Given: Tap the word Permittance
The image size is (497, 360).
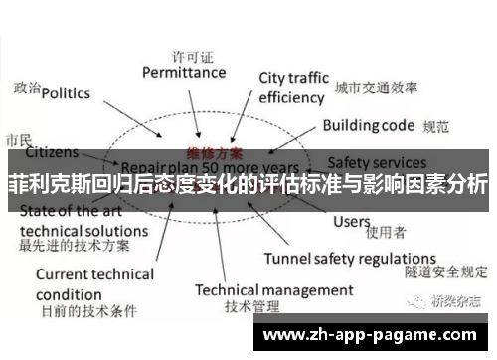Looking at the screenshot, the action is click(x=184, y=72).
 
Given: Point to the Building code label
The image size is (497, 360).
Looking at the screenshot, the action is click(x=367, y=126).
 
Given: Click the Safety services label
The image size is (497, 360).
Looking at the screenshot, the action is click(x=378, y=161).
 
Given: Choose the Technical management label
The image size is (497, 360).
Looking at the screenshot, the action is click(x=273, y=290).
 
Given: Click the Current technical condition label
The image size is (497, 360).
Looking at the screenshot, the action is click(x=95, y=284).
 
